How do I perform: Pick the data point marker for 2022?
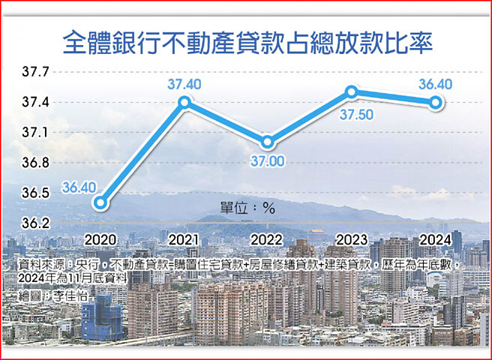point(268,142)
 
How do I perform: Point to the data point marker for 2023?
point(351,92)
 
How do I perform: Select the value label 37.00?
point(267,160)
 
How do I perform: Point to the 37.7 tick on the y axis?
point(35,73)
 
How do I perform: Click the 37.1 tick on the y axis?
point(35,133)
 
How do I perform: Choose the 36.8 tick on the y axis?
point(35,163)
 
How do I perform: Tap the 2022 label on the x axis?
point(268,238)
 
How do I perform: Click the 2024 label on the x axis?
point(434,238)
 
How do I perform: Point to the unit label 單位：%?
point(247,208)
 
